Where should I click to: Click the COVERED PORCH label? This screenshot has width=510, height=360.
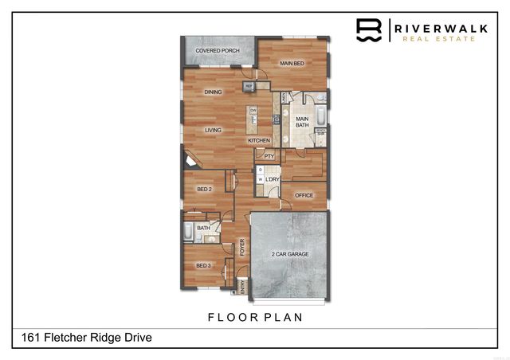coord(218,51)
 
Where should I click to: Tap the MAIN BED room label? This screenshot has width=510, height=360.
coord(293,62)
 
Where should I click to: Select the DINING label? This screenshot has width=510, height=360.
coord(213,92)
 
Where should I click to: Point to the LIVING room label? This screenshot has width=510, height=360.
coord(213,130)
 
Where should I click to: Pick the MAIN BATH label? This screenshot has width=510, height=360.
coord(303,122)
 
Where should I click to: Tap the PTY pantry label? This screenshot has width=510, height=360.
coord(269,156)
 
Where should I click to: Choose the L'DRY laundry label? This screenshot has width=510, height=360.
coord(273,180)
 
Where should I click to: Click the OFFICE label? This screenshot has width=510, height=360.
coord(304,195)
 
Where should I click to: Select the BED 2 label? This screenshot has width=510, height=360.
coord(204,190)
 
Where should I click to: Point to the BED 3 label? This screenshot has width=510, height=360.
coord(203,265)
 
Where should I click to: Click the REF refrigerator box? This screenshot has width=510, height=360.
coord(249,85)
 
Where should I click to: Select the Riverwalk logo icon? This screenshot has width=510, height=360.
coord(368,29)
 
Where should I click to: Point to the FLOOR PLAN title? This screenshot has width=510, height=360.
coord(255,317)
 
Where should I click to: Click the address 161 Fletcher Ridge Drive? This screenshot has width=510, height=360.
coord(83,338)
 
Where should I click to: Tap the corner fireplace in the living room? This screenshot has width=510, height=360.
coord(189,160)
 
